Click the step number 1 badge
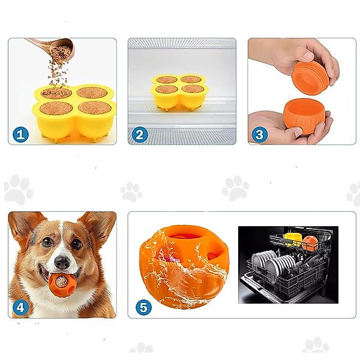20,134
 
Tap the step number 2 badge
140,134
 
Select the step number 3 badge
259,134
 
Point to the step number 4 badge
20,307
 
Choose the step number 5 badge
143,307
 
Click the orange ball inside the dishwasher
310,242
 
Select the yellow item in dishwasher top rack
293,238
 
